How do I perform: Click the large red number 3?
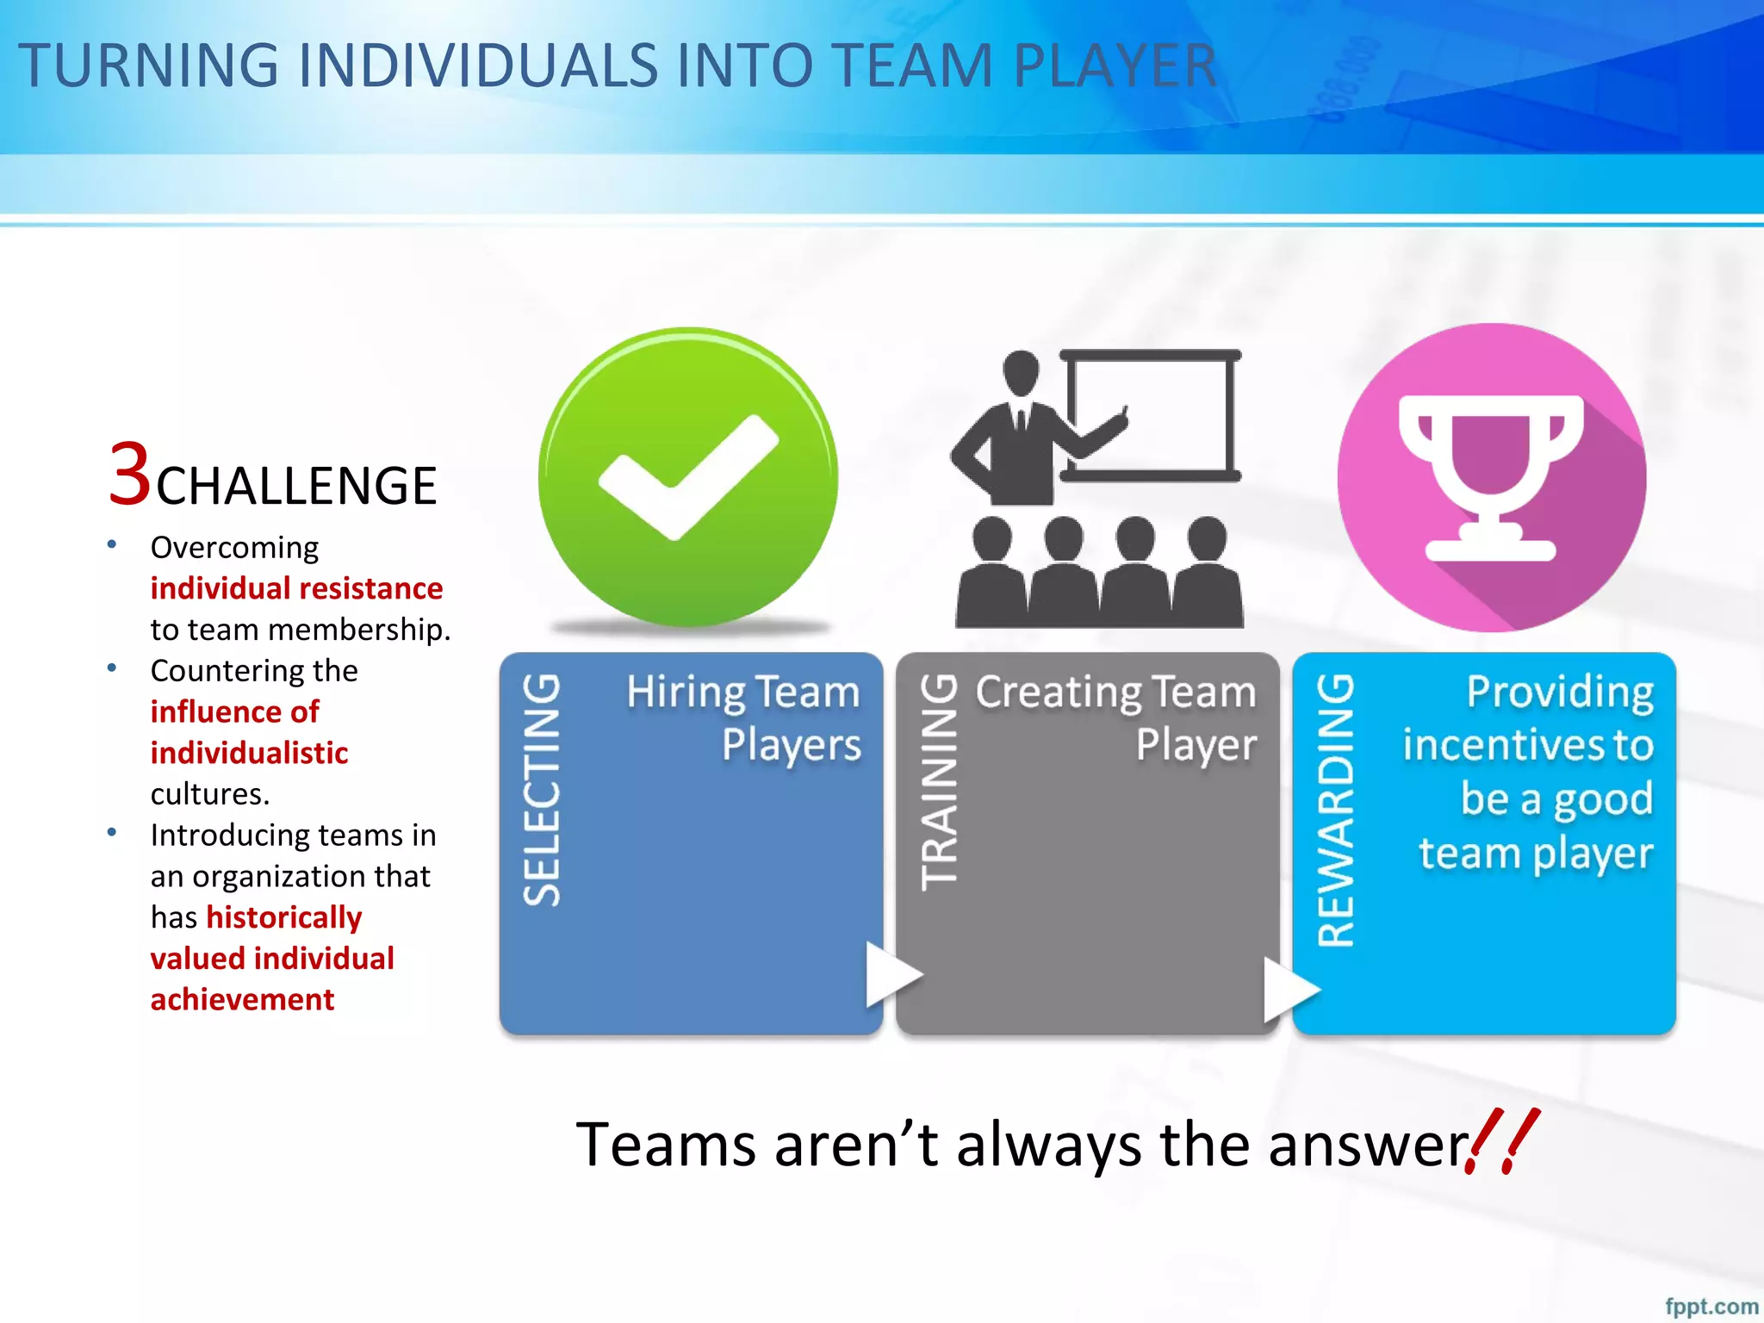[130, 474]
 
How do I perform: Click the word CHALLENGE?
[296, 486]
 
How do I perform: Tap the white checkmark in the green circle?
[687, 476]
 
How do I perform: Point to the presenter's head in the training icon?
[1022, 372]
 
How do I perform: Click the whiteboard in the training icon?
[1151, 415]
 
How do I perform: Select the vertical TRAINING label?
[939, 782]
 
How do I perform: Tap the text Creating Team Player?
[1116, 718]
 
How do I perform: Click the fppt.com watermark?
[1711, 1306]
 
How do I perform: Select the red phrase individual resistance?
[296, 588]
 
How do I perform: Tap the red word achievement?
[242, 999]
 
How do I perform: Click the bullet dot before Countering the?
[112, 668]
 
